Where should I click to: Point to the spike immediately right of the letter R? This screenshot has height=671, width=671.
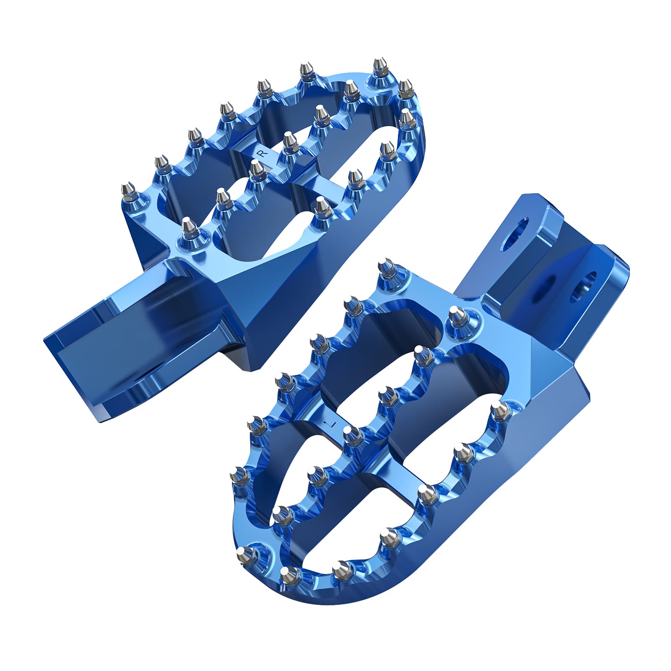288,141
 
